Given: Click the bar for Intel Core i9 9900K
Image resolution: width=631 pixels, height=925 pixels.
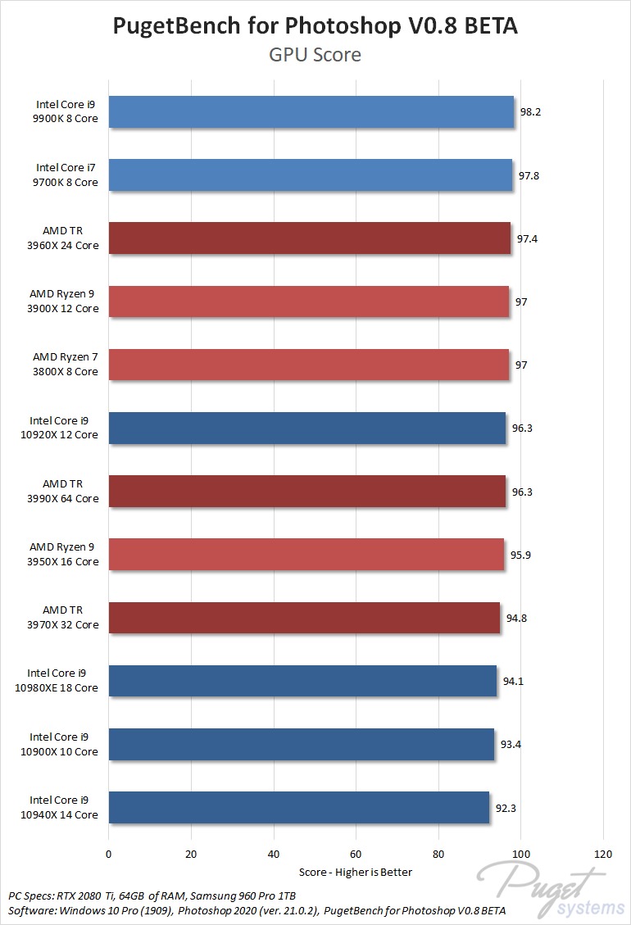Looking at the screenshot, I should click(x=311, y=112).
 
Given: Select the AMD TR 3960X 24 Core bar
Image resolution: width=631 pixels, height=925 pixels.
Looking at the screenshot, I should click(x=309, y=238).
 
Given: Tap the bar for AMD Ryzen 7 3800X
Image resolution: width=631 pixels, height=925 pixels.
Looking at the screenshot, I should click(x=308, y=365).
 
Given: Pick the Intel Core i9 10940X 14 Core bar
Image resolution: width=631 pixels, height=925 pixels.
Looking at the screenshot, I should click(x=298, y=807).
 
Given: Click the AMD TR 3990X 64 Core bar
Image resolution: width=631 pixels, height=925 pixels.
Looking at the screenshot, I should click(x=306, y=492).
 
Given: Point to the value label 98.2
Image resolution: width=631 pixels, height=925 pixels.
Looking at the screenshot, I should click(x=529, y=112).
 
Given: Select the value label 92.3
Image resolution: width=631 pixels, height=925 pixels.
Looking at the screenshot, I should click(x=506, y=807).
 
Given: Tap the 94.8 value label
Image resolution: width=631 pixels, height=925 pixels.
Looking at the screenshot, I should click(x=516, y=618).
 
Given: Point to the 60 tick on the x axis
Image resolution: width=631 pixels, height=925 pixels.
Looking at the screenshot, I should click(x=356, y=854).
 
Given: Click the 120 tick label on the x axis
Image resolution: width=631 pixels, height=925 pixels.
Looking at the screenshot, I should click(x=603, y=854).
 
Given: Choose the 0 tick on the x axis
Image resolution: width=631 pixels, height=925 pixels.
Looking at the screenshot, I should click(x=108, y=854).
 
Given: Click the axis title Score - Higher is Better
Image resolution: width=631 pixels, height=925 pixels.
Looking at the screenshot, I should click(x=356, y=872).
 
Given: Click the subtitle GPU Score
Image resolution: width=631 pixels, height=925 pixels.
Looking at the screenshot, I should click(x=315, y=56).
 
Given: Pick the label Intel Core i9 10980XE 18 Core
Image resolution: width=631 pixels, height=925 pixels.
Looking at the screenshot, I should click(x=64, y=681).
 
